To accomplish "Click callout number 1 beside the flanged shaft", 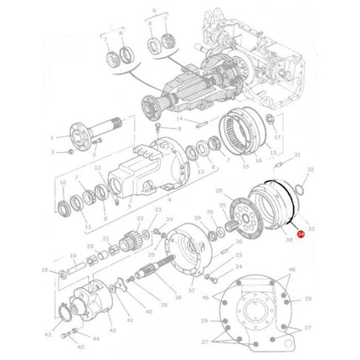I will point(51,138).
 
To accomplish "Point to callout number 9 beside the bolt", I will point(178,129).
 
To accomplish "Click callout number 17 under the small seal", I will point(277,158).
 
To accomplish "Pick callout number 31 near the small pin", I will point(296,155).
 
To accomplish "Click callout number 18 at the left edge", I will point(44,270).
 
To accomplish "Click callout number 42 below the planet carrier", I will point(115,332).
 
